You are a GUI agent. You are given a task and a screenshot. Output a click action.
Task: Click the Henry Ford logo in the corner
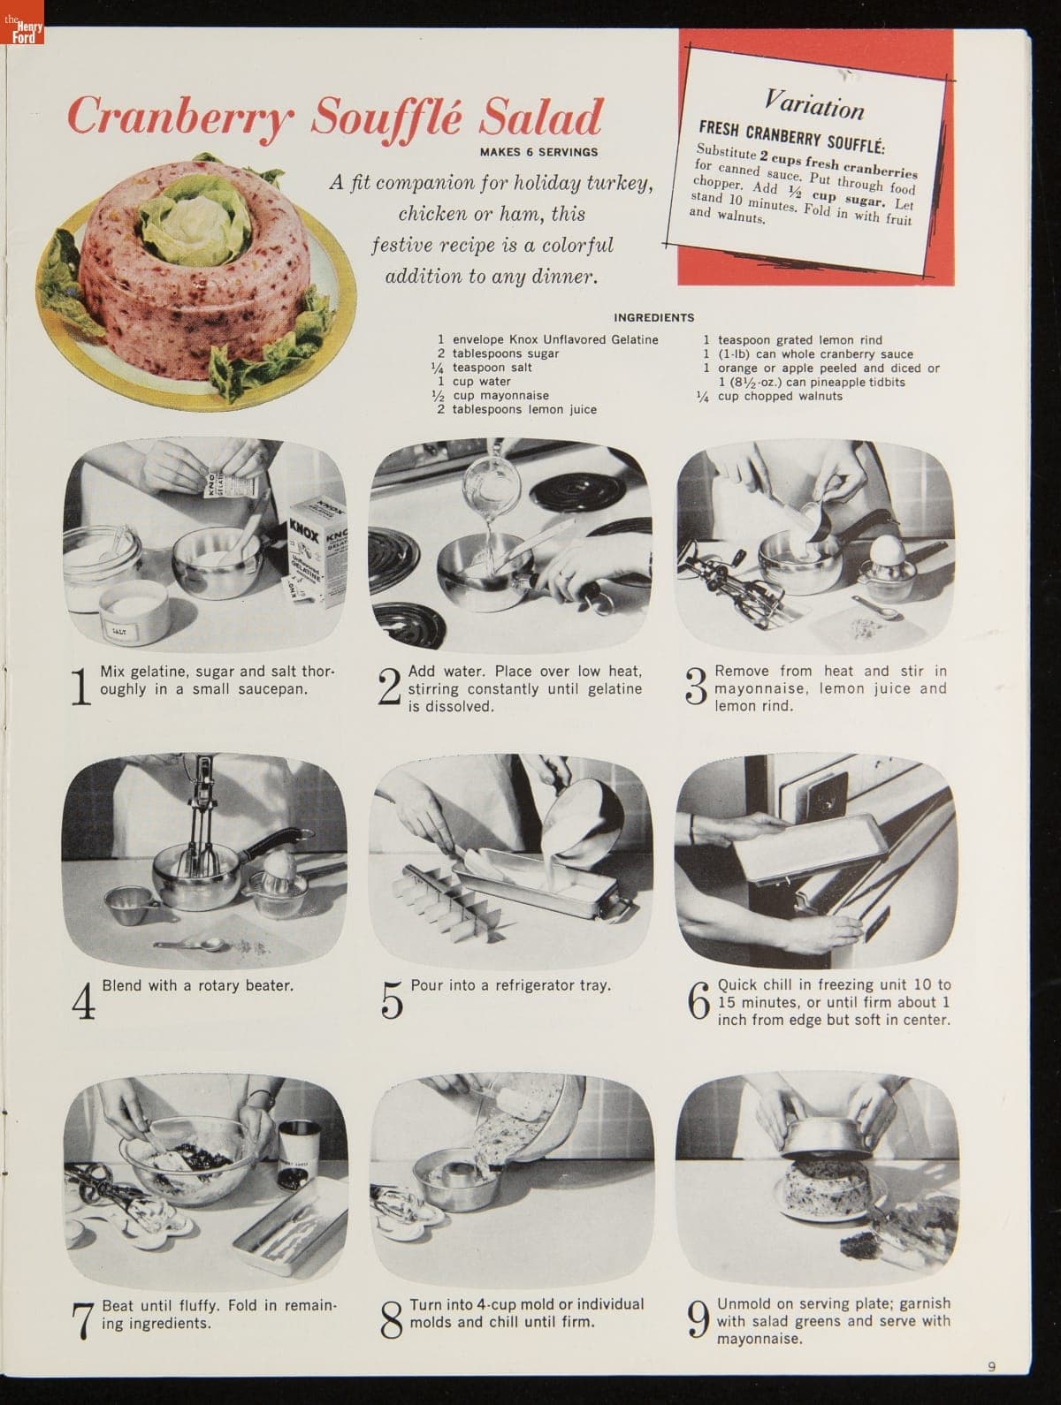pos(22,22)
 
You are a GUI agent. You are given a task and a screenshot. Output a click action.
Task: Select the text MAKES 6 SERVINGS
pos(538,152)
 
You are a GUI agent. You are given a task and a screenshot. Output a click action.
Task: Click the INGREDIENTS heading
pos(653,317)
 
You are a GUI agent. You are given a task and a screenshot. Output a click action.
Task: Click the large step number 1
pos(80,687)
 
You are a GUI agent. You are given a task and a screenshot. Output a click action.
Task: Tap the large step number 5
pos(392,999)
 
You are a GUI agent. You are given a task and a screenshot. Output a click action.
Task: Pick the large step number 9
pos(698,1318)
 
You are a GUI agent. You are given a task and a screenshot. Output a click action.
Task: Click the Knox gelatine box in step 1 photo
pos(316,551)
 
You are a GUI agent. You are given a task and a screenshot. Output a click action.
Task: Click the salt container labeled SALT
pos(134,611)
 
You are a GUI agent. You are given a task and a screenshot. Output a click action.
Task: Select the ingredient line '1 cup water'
pos(475,382)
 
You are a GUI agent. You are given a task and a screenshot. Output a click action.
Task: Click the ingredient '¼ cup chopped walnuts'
pos(770,396)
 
